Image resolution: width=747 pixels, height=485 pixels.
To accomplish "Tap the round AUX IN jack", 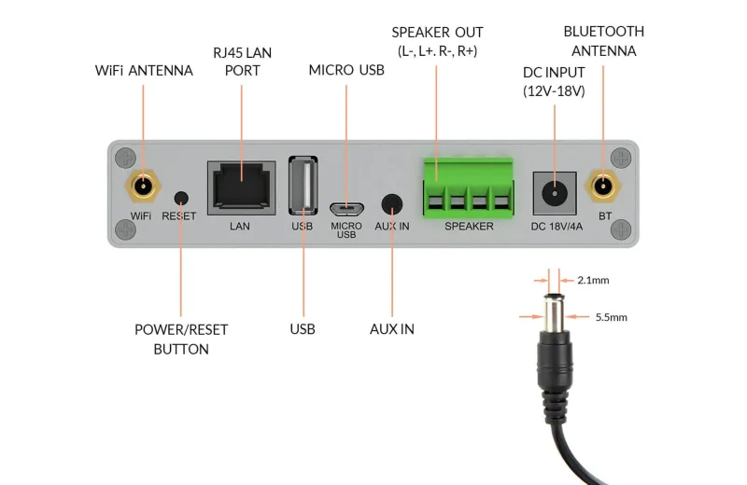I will point(393,204).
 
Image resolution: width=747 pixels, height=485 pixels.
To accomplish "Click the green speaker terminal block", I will point(468,187).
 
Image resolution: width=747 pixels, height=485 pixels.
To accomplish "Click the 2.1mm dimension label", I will point(593,280).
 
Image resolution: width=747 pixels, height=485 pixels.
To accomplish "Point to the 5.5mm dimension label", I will point(611,317).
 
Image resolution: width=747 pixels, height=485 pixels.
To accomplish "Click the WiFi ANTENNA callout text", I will point(144,71).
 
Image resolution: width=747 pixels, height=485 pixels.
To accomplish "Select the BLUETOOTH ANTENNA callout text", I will point(603,41).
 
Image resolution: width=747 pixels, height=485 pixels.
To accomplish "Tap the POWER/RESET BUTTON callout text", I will point(181,339).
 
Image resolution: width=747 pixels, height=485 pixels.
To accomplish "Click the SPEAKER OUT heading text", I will point(437,33).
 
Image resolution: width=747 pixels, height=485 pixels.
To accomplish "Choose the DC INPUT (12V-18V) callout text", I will point(554,81).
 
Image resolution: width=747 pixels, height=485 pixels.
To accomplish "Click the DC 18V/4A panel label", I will point(557,226).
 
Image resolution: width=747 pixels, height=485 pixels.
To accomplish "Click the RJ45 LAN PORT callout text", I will point(242,62).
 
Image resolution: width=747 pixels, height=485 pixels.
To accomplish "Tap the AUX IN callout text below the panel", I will point(392,329).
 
